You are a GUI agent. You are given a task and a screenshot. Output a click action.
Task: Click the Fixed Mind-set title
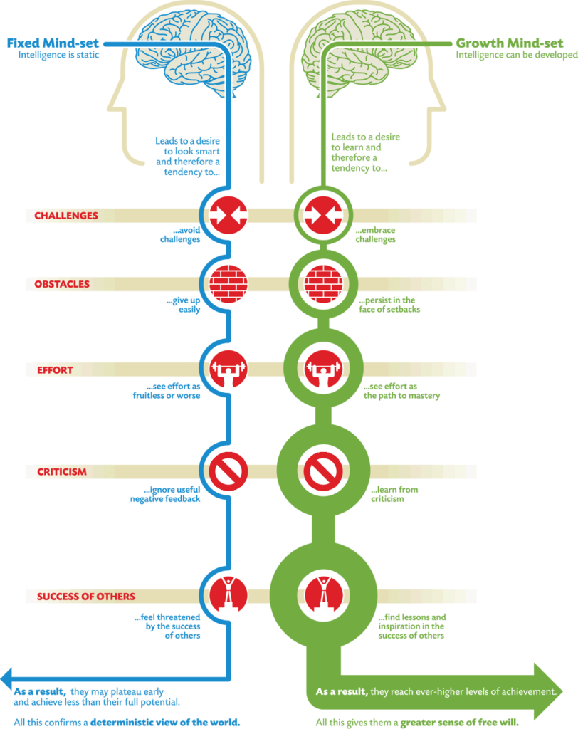point(53,43)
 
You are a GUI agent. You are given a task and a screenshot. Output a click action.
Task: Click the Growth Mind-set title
point(509,43)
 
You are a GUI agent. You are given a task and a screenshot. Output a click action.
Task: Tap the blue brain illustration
point(193,53)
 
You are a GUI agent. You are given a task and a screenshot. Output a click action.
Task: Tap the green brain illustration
point(359,53)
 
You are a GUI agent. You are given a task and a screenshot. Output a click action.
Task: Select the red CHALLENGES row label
point(66,216)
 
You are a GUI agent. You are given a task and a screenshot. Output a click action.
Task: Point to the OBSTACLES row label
point(62,284)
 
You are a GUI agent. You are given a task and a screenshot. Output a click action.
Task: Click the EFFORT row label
point(56,370)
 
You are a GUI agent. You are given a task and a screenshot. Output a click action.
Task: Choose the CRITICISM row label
point(62,472)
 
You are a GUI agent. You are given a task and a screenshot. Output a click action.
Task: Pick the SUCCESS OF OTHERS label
point(86,597)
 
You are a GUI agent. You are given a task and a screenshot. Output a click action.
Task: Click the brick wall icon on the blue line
point(228,284)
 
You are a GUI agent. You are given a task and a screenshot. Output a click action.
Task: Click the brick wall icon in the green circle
point(324,284)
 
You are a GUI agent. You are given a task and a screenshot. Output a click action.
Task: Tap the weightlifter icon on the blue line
point(228,369)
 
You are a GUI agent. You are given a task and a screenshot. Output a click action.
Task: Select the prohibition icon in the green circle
point(324,471)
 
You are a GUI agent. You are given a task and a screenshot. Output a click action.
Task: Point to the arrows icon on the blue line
point(228,215)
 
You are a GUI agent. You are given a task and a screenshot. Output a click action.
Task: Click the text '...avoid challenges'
point(180,235)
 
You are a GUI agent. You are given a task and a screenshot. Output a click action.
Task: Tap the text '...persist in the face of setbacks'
point(389,305)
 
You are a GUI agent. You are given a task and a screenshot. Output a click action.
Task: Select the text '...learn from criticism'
point(394,494)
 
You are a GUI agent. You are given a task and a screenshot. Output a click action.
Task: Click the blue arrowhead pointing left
point(6,678)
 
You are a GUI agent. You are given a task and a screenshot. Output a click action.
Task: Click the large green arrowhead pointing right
point(548,691)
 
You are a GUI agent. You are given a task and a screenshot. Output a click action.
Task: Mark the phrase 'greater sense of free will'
point(459,723)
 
